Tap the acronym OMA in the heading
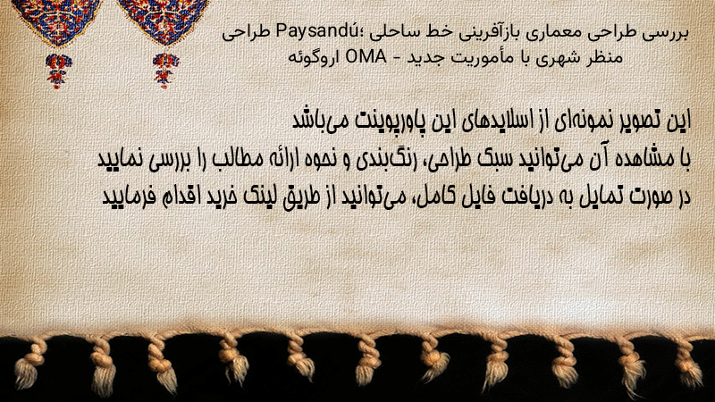[366, 57]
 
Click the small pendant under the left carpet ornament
[58, 71]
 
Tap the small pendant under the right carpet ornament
[165, 70]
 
